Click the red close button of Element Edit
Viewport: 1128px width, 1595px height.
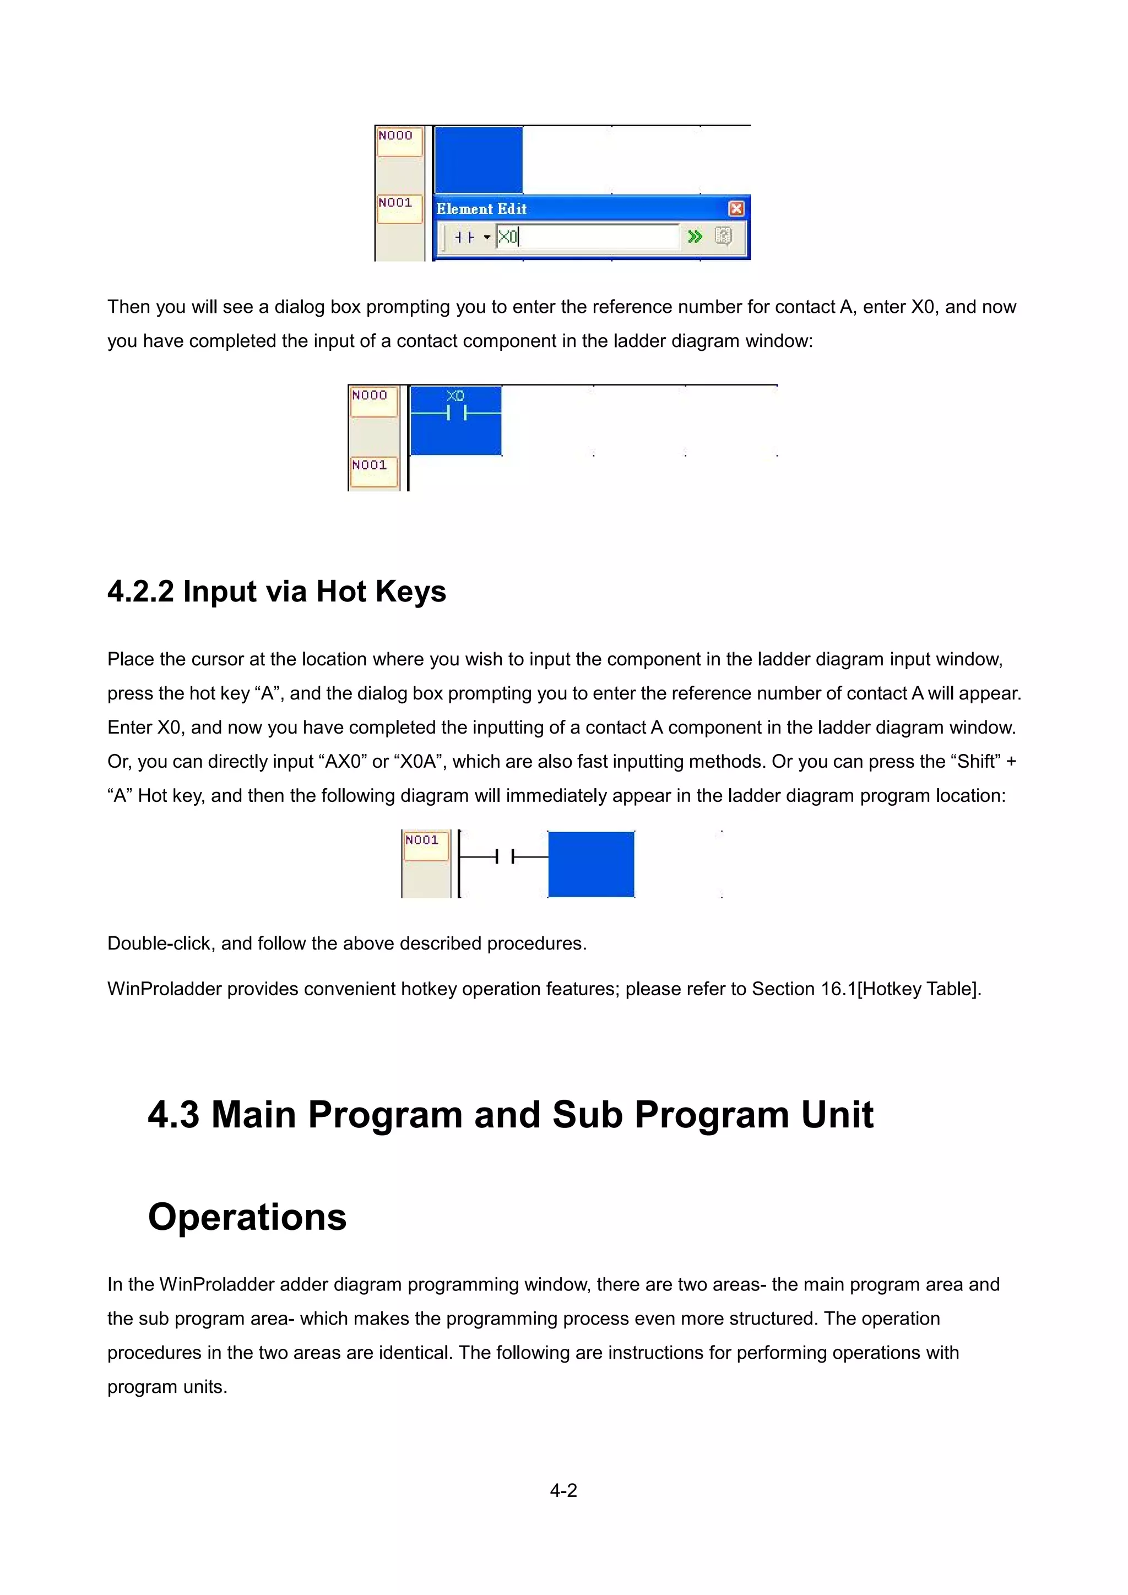pyautogui.click(x=736, y=208)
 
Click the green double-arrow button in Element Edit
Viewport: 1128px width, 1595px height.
pyautogui.click(x=694, y=237)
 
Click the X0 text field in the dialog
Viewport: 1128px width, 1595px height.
pyautogui.click(x=587, y=237)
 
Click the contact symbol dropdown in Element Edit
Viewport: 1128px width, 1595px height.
pyautogui.click(x=473, y=237)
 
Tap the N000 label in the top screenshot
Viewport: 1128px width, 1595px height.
pyautogui.click(x=396, y=135)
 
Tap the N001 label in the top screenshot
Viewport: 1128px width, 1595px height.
pyautogui.click(x=396, y=203)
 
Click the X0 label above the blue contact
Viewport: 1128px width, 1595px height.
pyautogui.click(x=455, y=396)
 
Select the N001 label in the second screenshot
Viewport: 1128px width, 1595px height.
pyautogui.click(x=370, y=465)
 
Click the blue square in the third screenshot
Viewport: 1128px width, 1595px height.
pyautogui.click(x=591, y=864)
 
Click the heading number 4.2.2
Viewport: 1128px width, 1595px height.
pyautogui.click(x=140, y=591)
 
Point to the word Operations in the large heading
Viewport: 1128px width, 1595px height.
pyautogui.click(x=247, y=1217)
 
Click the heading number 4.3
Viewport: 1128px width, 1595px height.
pyautogui.click(x=173, y=1115)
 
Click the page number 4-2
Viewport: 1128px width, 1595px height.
pyautogui.click(x=563, y=1491)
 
